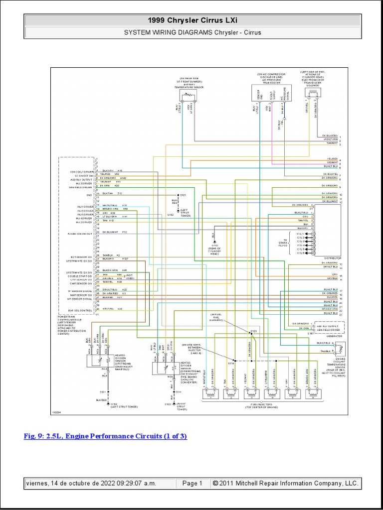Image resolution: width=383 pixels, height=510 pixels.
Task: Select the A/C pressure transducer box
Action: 272,94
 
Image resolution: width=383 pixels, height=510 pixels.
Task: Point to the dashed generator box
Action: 326,327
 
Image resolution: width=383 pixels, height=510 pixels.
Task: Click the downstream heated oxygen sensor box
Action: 164,369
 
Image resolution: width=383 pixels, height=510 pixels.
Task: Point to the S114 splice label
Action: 231,364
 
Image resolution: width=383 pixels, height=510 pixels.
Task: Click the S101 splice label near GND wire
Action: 183,195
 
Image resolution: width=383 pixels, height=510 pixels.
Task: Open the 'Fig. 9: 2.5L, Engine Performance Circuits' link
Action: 105,436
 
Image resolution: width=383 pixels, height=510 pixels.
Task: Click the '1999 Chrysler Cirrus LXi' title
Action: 191,20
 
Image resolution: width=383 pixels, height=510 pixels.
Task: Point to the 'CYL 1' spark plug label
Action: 301,233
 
